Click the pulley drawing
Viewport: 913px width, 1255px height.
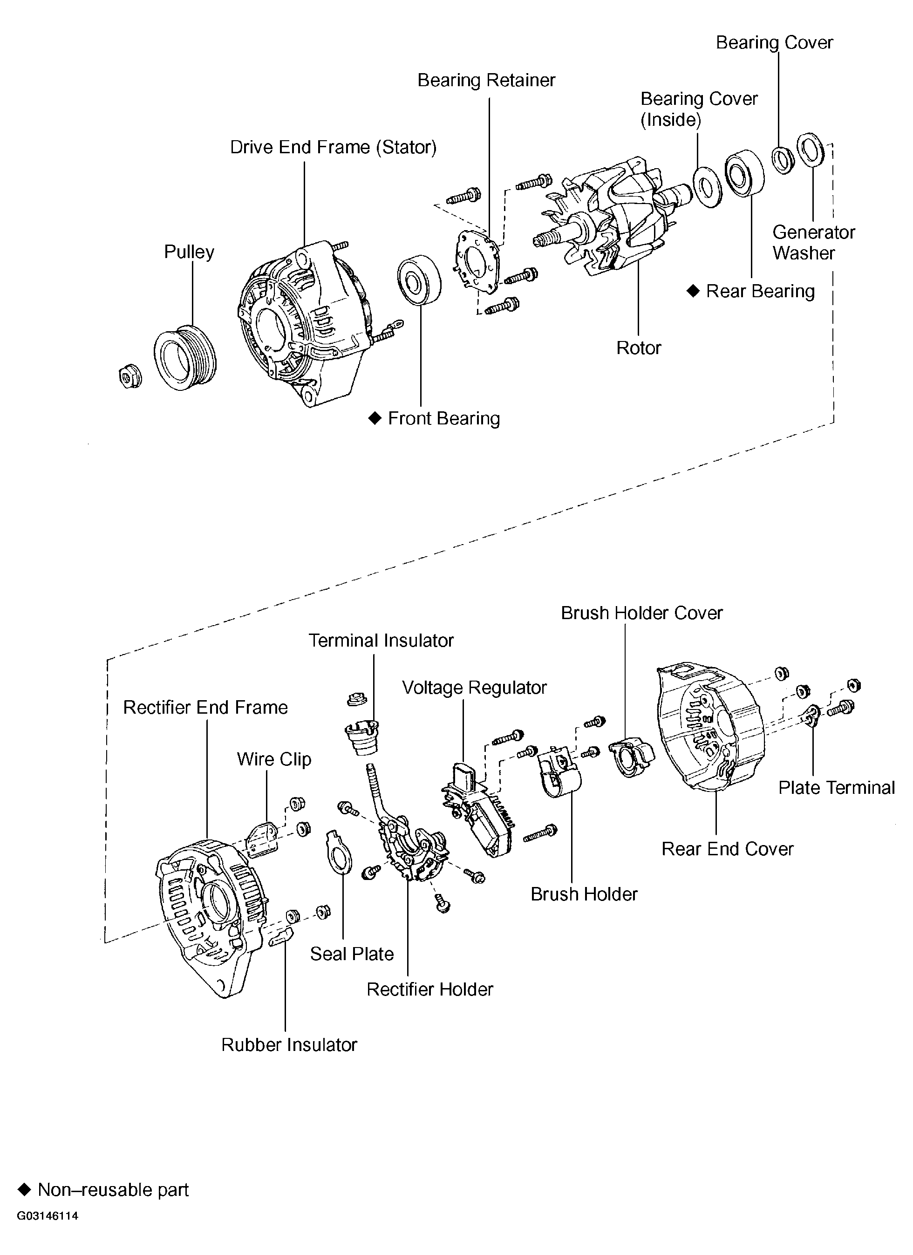coord(185,357)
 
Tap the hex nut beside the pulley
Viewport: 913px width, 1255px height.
coord(130,377)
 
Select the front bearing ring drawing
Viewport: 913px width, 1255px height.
coord(419,280)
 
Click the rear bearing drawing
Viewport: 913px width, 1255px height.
coord(744,173)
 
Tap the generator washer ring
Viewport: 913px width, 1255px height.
coord(810,150)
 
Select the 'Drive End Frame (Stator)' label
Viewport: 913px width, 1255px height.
coord(333,148)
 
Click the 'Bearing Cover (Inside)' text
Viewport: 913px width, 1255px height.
coord(698,109)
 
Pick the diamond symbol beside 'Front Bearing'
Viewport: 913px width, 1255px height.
coord(375,418)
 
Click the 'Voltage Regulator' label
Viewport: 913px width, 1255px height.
coord(474,688)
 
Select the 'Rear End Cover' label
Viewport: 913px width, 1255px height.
coord(727,849)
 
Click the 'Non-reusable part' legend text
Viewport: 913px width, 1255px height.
coord(113,1190)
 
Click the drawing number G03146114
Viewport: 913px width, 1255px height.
coord(48,1216)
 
